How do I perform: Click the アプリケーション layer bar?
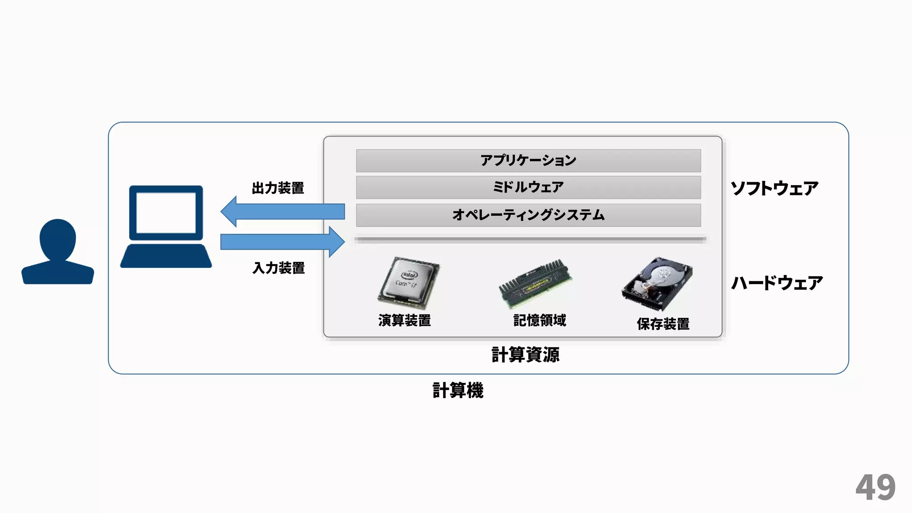(x=528, y=160)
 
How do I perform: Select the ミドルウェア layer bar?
(x=528, y=187)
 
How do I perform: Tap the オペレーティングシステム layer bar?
(x=528, y=215)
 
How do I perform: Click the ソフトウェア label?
(x=774, y=188)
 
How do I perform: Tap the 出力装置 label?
(x=278, y=188)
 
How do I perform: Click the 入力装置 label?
(x=279, y=268)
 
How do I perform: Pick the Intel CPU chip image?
(x=409, y=282)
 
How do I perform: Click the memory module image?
(x=535, y=283)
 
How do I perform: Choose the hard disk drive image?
(x=658, y=283)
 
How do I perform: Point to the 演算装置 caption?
(x=404, y=320)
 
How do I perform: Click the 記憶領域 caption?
(x=540, y=320)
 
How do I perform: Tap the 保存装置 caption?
(x=663, y=324)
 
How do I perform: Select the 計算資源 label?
(x=525, y=355)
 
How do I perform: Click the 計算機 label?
(x=458, y=390)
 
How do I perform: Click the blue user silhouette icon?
(x=58, y=252)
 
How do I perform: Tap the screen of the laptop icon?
(x=166, y=213)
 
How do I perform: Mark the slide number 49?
(x=875, y=488)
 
